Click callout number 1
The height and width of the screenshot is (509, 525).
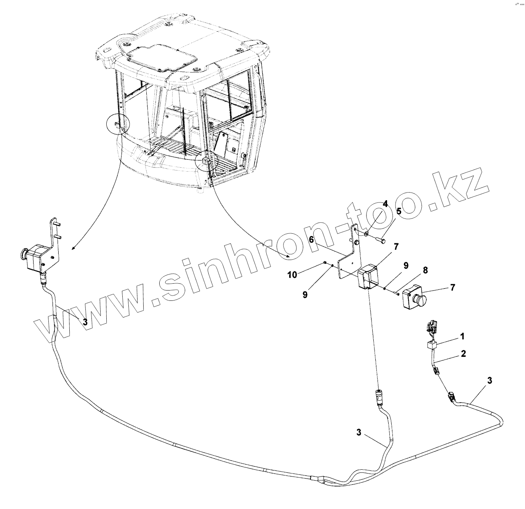click(x=462, y=336)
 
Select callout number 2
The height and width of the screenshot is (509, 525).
click(x=463, y=353)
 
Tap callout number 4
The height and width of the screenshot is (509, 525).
click(x=386, y=204)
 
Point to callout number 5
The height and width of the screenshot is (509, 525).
click(x=399, y=211)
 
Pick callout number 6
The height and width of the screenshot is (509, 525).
click(x=311, y=239)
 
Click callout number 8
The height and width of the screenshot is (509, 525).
click(x=425, y=270)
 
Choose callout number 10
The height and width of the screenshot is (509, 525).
click(x=292, y=275)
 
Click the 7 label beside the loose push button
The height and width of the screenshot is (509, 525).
click(x=452, y=287)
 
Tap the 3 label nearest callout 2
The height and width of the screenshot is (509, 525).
click(x=490, y=380)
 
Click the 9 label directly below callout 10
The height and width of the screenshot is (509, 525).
click(x=305, y=294)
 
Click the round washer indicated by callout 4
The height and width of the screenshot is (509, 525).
click(x=366, y=233)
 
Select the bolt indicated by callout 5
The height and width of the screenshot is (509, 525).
click(x=380, y=240)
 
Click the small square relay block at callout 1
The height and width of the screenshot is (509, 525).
click(x=431, y=345)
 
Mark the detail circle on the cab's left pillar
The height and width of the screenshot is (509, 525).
click(x=118, y=123)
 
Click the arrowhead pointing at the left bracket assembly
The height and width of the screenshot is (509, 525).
click(x=73, y=249)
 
